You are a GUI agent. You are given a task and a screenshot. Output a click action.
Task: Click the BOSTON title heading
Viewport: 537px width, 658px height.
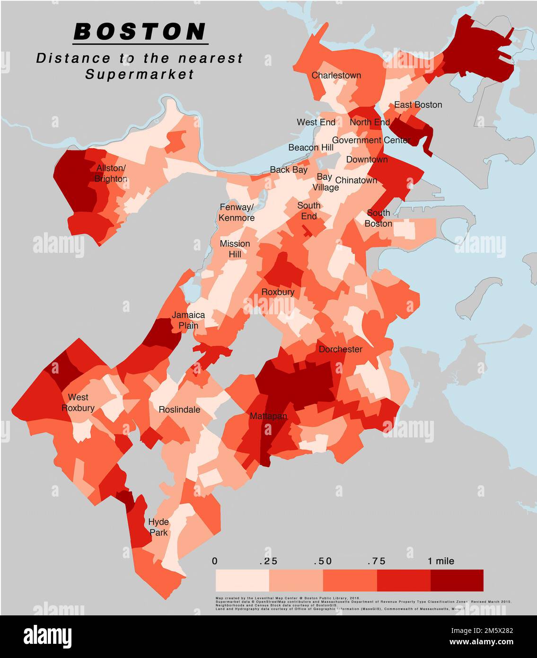[141, 32]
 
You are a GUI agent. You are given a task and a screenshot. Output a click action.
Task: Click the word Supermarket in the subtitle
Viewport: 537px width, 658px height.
[140, 74]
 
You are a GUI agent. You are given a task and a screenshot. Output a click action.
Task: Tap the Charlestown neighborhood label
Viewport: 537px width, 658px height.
[336, 75]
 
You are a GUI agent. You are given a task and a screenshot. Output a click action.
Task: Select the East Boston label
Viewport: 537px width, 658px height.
[418, 105]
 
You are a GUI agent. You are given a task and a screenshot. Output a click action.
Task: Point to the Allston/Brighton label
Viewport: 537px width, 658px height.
[111, 173]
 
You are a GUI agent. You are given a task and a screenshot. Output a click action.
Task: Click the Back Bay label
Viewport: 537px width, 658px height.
[289, 169]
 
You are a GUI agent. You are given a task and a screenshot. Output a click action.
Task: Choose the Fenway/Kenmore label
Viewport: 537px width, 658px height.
[237, 213]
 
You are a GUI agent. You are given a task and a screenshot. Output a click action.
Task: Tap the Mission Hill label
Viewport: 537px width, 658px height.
[235, 249]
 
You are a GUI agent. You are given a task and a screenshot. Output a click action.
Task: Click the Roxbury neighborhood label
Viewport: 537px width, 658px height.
[278, 292]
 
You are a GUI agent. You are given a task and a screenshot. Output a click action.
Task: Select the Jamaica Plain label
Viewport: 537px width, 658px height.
[188, 320]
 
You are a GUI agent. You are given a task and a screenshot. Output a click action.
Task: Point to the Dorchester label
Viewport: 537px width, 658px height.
[340, 349]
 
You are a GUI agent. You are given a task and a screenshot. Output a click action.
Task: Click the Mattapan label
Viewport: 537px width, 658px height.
[268, 416]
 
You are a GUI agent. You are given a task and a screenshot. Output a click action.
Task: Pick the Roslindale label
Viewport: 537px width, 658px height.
[179, 409]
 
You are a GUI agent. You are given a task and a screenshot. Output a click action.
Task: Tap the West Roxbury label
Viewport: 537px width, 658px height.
[78, 402]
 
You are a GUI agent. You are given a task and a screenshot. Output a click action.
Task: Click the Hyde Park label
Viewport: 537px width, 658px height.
[158, 527]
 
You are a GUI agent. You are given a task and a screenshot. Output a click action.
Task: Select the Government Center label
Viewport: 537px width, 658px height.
[371, 140]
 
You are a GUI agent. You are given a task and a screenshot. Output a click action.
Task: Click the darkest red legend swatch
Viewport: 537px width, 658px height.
[457, 580]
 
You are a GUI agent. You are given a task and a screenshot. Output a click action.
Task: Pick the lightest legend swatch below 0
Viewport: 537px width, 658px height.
[242, 580]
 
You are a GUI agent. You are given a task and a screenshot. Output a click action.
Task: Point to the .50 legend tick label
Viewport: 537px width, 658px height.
[323, 561]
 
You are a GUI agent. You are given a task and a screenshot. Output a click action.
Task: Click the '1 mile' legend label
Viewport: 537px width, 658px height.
[440, 561]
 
